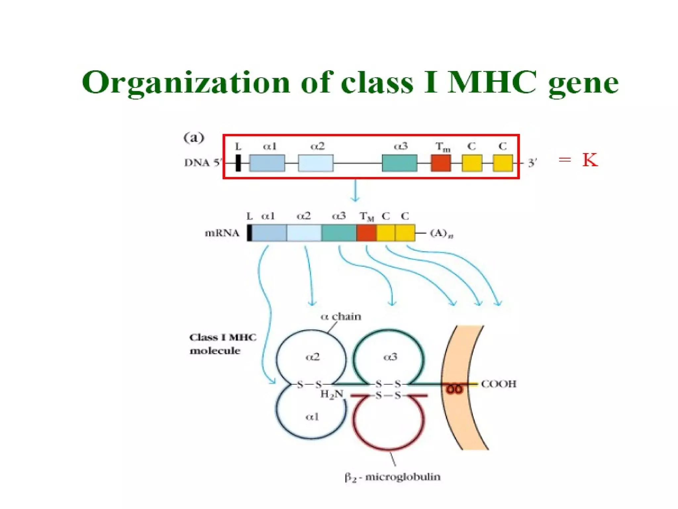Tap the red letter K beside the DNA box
590,160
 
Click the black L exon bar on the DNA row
238,163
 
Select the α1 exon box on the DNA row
267,163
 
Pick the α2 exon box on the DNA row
315,163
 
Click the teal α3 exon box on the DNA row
399,163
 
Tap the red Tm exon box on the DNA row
441,163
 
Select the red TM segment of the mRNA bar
366,233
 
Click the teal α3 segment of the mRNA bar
339,233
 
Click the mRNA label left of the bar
222,233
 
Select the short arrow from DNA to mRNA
355,191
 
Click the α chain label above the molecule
341,316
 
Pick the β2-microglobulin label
393,477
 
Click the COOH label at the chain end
498,384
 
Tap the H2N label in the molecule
332,394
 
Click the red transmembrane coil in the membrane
454,389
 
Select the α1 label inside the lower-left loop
312,417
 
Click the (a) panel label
194,138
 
